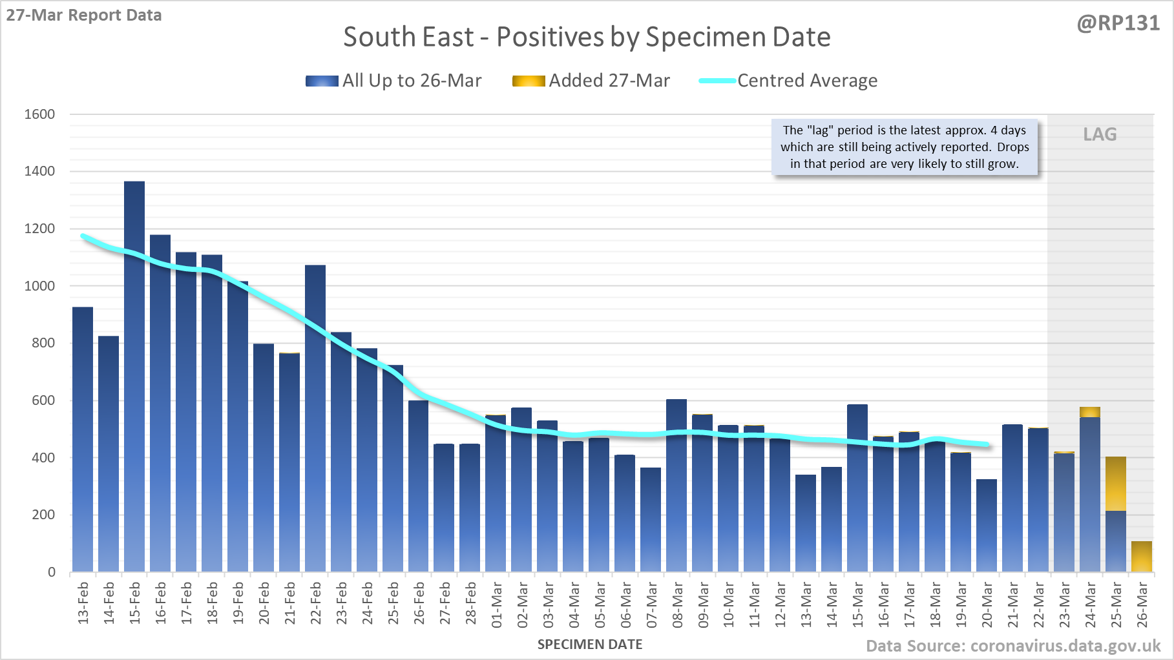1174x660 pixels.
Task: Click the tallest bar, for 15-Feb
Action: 134,375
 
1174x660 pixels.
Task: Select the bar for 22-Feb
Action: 315,420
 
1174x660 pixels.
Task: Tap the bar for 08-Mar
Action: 676,484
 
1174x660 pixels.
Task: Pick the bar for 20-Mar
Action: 987,526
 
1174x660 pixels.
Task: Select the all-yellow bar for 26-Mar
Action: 1142,557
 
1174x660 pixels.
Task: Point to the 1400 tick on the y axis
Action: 39,171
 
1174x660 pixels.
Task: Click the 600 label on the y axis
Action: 43,400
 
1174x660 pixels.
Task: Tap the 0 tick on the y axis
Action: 52,572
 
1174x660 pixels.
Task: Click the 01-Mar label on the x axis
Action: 497,604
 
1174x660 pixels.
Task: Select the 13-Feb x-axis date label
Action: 83,603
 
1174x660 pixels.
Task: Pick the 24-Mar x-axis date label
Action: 1091,604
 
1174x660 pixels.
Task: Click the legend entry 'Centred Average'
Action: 807,81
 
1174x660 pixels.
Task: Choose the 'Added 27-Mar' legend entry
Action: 609,81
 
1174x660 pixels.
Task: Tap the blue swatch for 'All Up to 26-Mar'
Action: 322,81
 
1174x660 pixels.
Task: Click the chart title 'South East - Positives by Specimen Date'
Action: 587,37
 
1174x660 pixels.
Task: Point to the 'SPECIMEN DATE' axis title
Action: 590,645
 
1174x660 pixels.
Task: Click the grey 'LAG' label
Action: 1100,134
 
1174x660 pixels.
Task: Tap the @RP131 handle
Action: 1118,23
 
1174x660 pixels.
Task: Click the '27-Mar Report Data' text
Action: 84,15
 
